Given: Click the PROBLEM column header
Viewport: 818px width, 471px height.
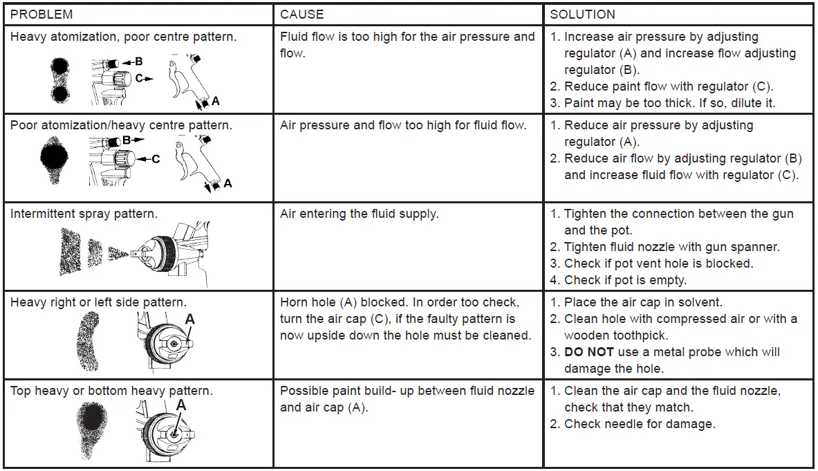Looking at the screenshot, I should pos(41,14).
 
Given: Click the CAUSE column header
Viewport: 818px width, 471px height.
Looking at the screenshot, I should pos(302,14).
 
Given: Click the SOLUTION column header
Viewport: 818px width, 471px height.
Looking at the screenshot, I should pos(582,14).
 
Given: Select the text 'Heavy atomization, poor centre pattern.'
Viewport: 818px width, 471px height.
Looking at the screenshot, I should pos(123,37).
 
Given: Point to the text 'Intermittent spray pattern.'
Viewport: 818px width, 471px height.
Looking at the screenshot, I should pos(84,214).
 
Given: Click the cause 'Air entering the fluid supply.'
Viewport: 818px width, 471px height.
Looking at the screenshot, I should pos(359,214).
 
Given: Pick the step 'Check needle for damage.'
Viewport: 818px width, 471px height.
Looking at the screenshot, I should pos(640,424).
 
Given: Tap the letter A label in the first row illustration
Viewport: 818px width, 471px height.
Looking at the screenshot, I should pos(215,102).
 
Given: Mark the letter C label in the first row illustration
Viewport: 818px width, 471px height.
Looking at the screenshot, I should pos(140,79).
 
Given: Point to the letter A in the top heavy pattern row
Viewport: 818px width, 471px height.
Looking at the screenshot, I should pos(181,404).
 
